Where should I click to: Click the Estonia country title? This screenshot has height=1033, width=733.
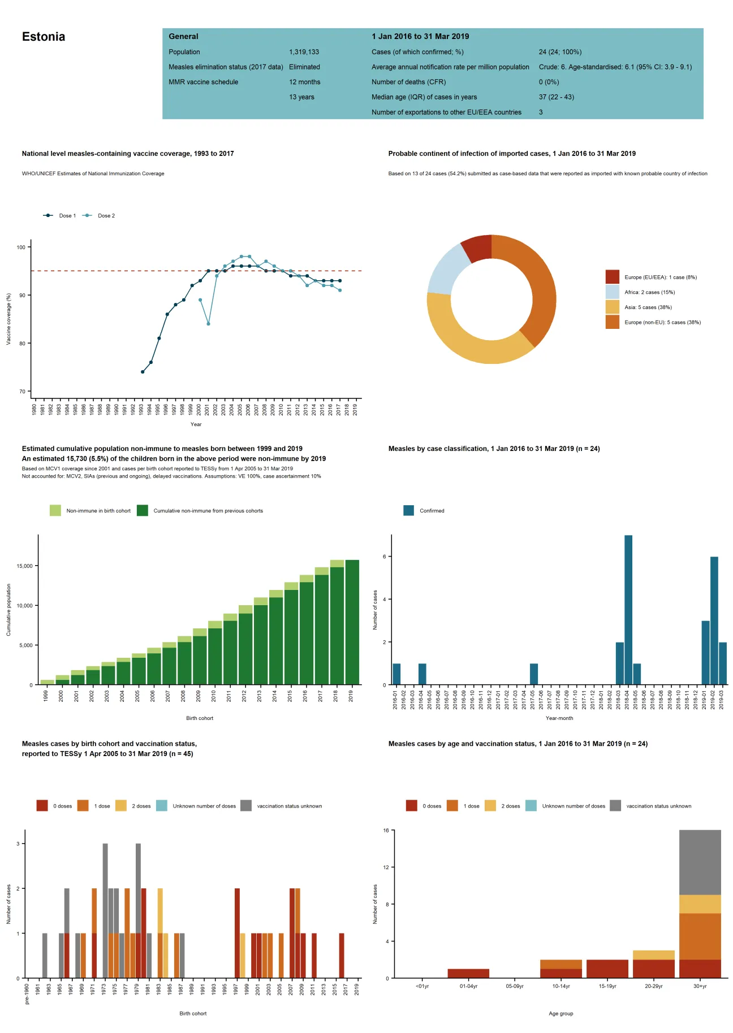44,37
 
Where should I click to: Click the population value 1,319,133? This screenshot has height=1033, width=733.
304,52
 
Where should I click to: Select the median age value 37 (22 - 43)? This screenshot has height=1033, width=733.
556,97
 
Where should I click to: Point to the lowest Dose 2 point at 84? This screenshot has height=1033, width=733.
208,324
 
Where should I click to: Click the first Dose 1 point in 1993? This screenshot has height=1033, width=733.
143,372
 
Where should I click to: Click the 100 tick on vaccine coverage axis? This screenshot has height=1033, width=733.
21,248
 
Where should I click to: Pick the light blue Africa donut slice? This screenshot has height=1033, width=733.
446,270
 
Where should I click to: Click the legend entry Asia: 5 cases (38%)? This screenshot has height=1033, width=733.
648,307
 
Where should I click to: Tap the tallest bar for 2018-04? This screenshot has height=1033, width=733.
628,610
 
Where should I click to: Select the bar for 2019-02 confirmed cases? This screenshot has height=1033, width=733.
714,622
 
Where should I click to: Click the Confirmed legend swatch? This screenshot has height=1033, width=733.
408,511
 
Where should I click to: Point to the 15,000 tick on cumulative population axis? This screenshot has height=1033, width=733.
24,566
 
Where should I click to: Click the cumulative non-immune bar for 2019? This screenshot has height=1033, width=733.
352,622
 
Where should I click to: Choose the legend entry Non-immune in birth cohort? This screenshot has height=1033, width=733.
98,511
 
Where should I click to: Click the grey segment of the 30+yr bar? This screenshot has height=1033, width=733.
700,862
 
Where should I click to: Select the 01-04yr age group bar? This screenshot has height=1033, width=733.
468,973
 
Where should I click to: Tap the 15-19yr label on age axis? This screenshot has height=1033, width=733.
607,986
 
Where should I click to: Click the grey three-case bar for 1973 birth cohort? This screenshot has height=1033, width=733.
105,910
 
